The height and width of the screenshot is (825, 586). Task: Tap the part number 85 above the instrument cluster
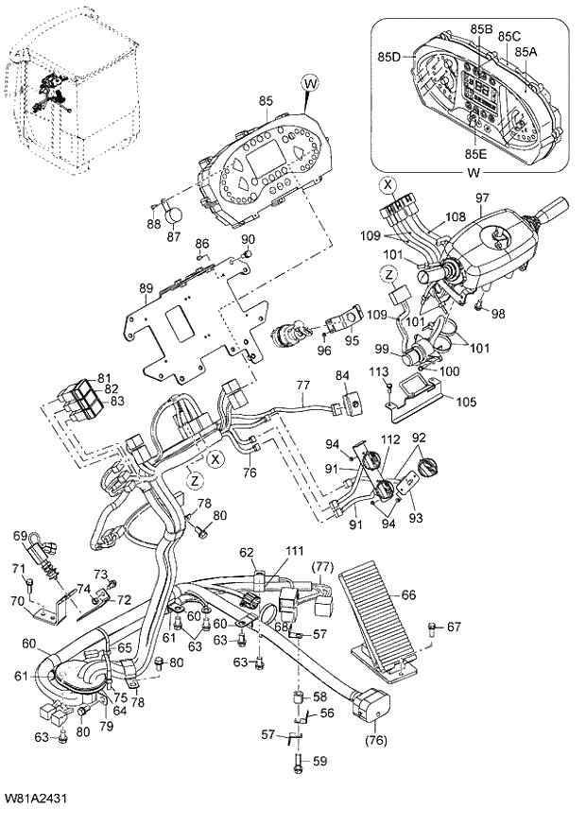coord(266,99)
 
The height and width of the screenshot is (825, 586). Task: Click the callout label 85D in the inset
coord(389,57)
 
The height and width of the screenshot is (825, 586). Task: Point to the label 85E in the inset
coord(476,153)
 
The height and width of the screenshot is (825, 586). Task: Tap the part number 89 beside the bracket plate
coord(146,287)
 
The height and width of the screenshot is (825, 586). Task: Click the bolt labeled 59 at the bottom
coord(320,760)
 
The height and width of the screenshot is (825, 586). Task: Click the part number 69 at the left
coord(19,536)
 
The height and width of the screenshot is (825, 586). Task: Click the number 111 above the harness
coord(296,550)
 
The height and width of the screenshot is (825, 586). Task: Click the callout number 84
coord(342,377)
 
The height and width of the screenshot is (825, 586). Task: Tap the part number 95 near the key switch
coord(352,341)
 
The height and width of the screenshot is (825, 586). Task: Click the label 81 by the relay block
coord(103,377)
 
